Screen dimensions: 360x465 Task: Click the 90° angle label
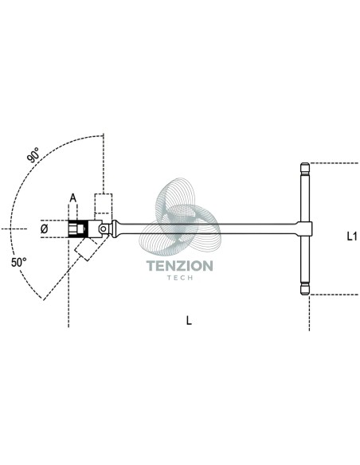pos(33,154)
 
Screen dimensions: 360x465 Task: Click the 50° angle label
pos(18,262)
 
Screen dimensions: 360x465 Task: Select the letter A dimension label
pos(73,197)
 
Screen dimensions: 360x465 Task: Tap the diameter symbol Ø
pos(44,229)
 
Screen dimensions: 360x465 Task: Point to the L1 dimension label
pos(352,236)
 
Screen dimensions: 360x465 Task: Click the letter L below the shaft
pos(189,320)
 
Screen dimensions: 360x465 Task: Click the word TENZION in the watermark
pos(180,266)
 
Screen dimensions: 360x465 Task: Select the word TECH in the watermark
pos(180,278)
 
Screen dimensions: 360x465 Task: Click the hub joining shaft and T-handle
pos(305,229)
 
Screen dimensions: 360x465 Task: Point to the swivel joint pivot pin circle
pos(104,229)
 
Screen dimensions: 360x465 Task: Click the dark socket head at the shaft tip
pos(76,229)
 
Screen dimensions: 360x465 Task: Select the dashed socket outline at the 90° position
pos(104,204)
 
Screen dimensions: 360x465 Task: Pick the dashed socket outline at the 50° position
pos(86,248)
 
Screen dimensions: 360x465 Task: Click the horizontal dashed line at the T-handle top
pos(335,163)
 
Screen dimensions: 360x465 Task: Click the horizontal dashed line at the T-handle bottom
pos(335,295)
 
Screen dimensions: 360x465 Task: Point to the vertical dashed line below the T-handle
pos(310,313)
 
